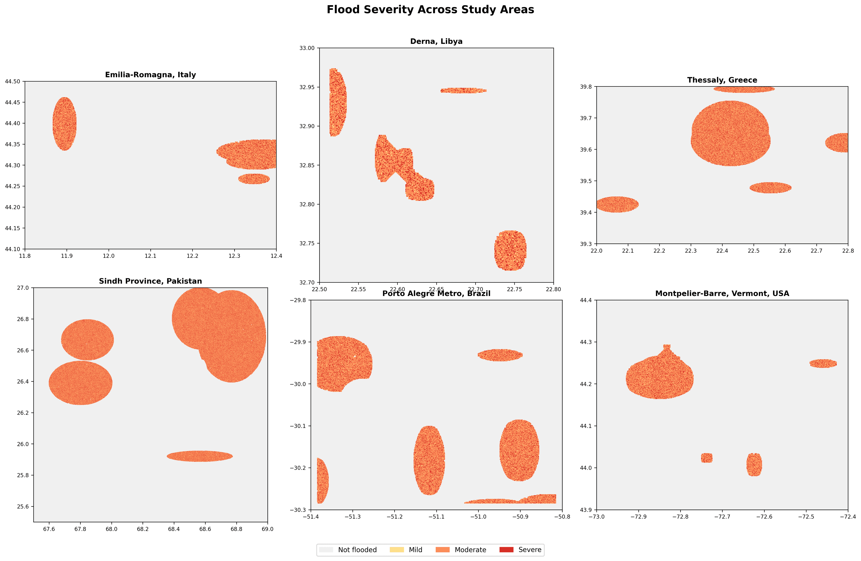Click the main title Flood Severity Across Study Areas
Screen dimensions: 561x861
[x=430, y=10]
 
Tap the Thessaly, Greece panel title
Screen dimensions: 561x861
[x=722, y=80]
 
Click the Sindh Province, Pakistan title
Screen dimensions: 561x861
[x=150, y=281]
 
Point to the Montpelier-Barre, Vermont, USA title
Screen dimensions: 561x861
[x=722, y=293]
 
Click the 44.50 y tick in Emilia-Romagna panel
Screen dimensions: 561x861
[x=12, y=81]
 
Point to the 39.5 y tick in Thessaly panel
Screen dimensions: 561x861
[x=586, y=181]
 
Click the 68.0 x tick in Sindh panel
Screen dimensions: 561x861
[x=111, y=529]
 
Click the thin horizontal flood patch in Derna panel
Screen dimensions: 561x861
[x=463, y=90]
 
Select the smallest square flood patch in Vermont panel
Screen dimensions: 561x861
[x=707, y=458]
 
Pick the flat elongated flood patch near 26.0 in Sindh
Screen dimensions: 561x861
[x=200, y=456]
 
